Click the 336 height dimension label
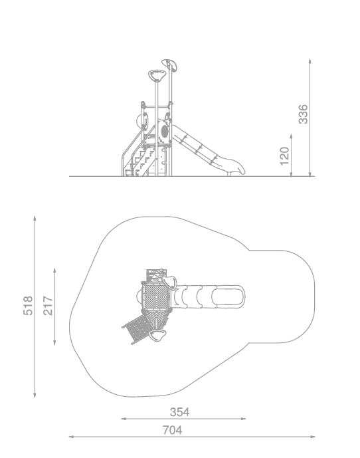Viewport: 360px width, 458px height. [303, 114]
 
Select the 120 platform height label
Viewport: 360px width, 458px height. [284, 156]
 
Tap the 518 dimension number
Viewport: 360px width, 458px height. [28, 306]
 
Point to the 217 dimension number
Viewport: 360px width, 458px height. [48, 306]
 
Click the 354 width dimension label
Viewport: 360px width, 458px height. [179, 412]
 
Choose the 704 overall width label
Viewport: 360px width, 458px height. [172, 430]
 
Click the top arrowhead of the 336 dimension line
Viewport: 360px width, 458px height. [310, 60]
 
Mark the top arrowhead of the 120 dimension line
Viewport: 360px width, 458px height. [291, 136]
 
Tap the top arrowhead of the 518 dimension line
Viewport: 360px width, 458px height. [35, 218]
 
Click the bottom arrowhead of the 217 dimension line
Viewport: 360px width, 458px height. [54, 343]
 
